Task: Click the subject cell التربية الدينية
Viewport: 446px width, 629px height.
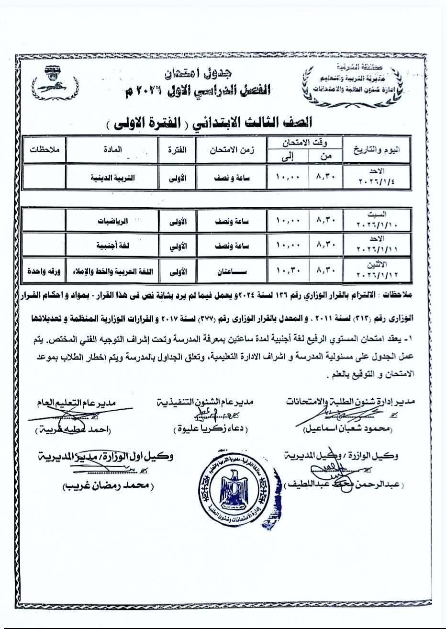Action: [112, 177]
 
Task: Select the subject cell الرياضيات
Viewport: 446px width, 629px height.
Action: [113, 222]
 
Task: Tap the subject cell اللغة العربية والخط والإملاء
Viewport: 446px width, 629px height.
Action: [112, 270]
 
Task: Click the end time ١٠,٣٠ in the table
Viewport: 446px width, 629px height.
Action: [288, 270]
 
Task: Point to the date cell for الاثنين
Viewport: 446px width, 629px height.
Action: [377, 270]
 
